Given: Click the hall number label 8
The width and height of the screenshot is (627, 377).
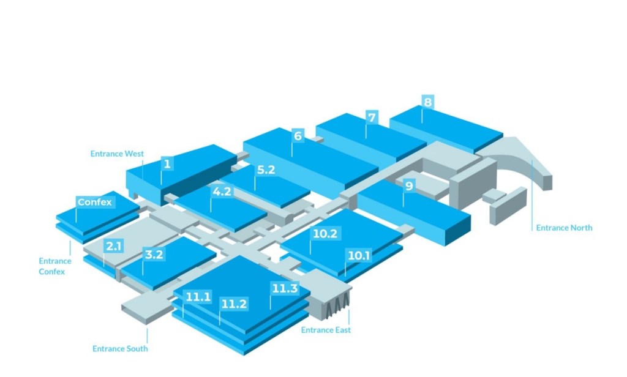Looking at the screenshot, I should point(427,102).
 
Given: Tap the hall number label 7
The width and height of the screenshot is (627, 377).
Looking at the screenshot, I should point(371,116).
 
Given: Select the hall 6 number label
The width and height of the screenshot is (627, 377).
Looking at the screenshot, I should point(298,136).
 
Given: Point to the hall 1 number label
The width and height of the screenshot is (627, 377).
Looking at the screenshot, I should point(167,163).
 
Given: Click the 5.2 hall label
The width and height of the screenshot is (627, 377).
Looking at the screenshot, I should point(266,170).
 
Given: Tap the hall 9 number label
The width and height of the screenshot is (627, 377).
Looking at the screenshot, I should point(408,185).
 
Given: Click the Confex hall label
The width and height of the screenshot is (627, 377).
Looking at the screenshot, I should point(95,202).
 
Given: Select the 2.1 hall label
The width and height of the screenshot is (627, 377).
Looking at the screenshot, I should point(114,246).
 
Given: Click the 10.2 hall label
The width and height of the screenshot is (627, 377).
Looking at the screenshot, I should point(325,233).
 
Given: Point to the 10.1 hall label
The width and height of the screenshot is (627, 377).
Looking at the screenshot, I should point(359,255).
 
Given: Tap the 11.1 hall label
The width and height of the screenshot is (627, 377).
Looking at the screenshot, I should point(198,297).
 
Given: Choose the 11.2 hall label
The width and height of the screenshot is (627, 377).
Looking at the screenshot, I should point(234,304).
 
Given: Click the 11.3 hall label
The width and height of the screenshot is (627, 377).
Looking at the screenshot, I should point(285,288).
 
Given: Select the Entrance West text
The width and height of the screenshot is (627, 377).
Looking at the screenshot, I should point(117,154).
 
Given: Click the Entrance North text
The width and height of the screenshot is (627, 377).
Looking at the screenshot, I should point(564,228).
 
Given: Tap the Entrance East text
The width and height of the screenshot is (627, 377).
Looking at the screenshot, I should point(326,330).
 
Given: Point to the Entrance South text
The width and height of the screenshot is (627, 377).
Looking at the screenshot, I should point(120,349).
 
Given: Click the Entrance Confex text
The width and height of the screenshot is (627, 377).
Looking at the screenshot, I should point(55,266).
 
